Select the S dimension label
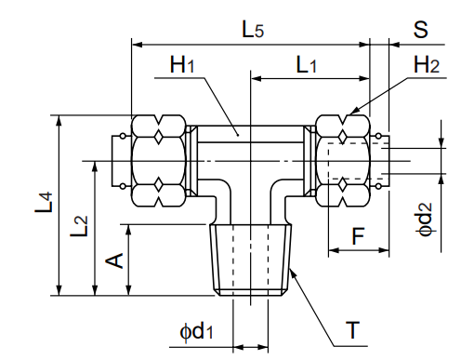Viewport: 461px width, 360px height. click(421, 29)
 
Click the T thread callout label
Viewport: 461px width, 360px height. click(352, 330)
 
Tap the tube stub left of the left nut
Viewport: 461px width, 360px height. click(121, 160)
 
